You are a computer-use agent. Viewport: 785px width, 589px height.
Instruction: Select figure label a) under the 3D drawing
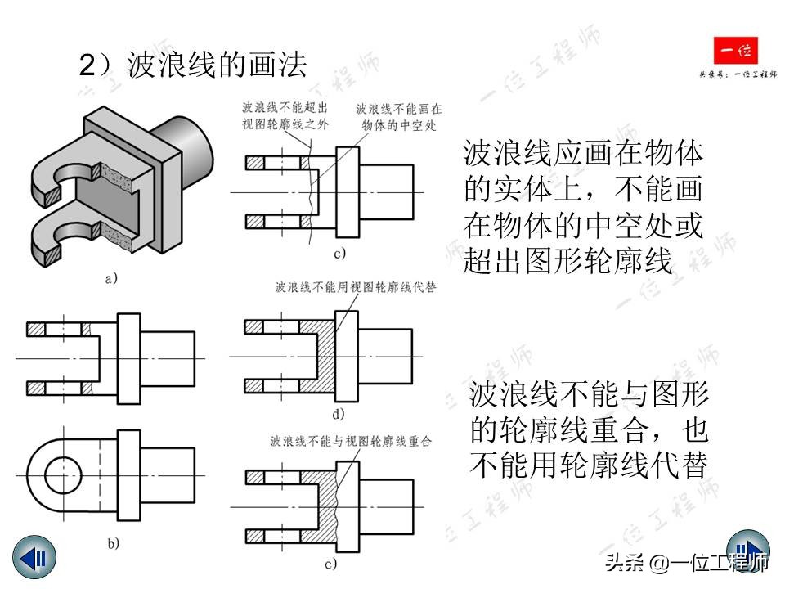coord(112,279)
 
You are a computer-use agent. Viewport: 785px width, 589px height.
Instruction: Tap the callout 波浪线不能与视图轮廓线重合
coord(351,441)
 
